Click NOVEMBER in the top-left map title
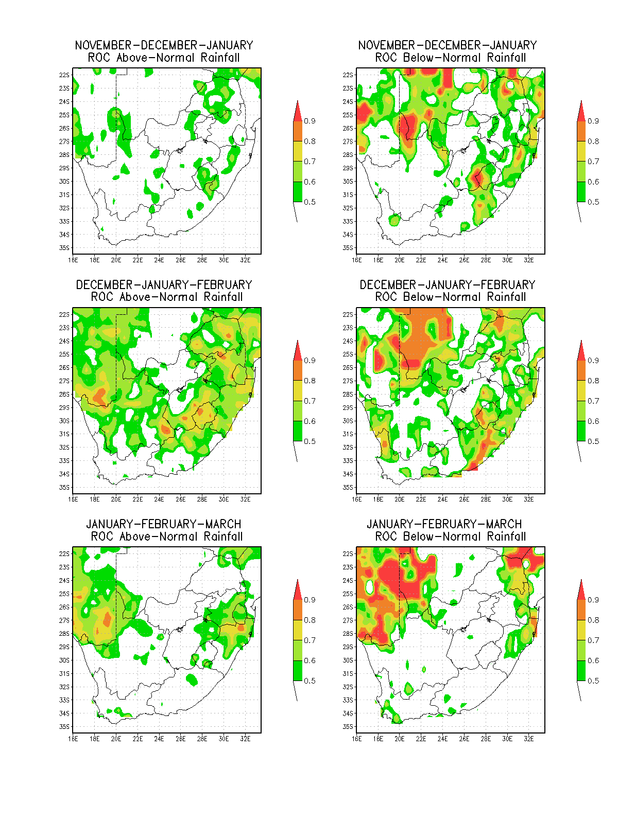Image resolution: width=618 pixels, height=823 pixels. point(103,45)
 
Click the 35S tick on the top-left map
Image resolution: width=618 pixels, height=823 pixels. point(64,248)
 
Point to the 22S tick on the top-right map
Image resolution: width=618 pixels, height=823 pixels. point(348,75)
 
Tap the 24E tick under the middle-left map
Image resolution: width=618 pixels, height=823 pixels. point(159,499)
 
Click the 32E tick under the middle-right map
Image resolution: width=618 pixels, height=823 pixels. point(529,499)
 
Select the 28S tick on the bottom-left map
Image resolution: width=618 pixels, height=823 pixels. point(64,634)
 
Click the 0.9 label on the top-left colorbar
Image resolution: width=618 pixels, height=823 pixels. point(310,121)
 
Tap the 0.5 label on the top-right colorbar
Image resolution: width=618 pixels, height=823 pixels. point(593,202)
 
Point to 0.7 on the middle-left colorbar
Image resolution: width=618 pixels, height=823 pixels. point(310,401)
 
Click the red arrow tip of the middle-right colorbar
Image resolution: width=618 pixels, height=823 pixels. point(581,341)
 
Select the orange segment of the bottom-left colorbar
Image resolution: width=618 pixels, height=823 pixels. point(298,610)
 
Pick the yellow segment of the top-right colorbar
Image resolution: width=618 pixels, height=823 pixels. point(581,151)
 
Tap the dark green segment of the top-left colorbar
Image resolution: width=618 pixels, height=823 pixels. point(298,192)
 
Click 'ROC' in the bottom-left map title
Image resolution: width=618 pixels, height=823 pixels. point(102,536)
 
